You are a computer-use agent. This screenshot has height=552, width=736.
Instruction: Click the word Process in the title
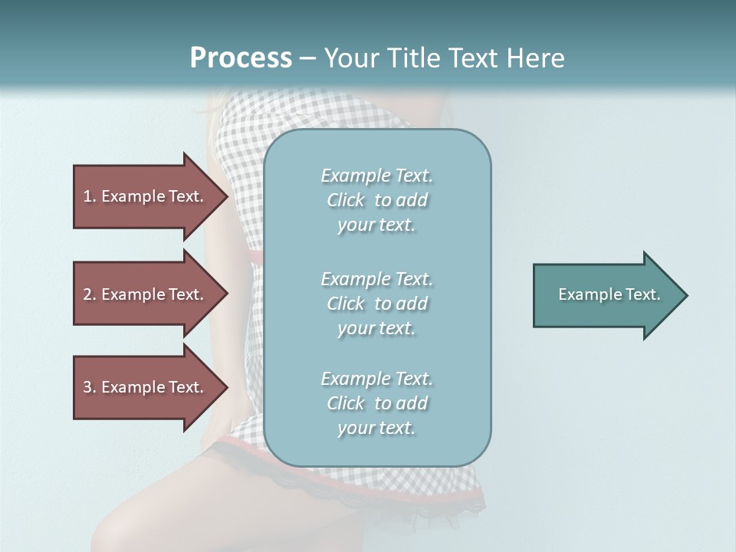pyautogui.click(x=241, y=58)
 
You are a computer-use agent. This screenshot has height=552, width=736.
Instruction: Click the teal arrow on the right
pyautogui.click(x=606, y=295)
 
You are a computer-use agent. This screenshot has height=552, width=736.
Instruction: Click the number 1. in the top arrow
pyautogui.click(x=89, y=196)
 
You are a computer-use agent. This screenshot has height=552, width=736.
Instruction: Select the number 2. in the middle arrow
pyautogui.click(x=89, y=294)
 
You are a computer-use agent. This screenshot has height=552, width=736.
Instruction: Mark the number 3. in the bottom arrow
pyautogui.click(x=89, y=387)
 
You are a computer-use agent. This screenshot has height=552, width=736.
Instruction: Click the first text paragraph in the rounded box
pyautogui.click(x=377, y=200)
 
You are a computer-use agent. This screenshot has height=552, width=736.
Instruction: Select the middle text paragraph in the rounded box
pyautogui.click(x=377, y=304)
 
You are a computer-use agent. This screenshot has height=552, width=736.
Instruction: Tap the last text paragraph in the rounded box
pyautogui.click(x=377, y=403)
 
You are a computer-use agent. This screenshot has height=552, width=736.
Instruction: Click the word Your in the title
pyautogui.click(x=347, y=58)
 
